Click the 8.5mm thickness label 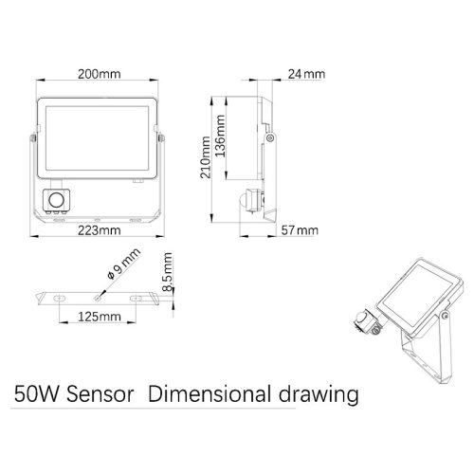pos(167,272)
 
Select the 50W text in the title pos(32,392)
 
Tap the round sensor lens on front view pos(56,201)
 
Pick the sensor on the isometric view pos(368,319)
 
